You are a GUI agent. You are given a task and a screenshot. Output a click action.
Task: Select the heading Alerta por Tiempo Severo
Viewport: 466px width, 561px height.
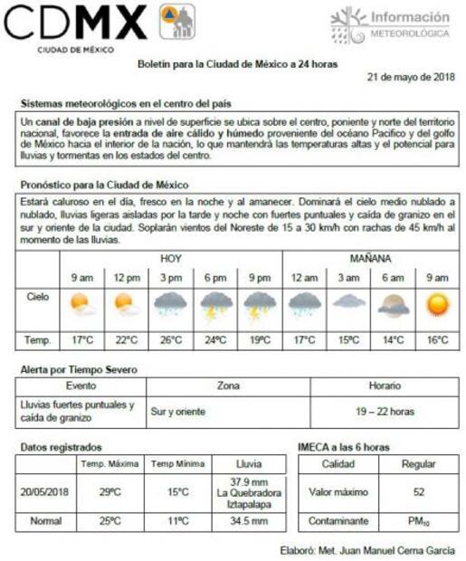point(79,370)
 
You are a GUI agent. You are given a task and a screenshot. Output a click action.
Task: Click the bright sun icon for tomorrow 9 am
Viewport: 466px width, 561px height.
point(437,304)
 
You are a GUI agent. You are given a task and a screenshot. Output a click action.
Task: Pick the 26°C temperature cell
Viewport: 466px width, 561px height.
point(171,340)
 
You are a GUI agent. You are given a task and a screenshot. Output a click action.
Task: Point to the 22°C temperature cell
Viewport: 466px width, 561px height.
point(126,340)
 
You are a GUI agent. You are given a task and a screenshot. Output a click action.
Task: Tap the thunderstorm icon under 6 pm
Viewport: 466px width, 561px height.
point(215,306)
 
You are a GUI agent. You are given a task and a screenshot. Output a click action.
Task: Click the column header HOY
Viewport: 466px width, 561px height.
point(171,259)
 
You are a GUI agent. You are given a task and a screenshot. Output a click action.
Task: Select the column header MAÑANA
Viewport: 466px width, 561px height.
point(370,259)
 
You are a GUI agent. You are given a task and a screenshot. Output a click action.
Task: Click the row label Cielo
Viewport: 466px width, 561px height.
point(38,296)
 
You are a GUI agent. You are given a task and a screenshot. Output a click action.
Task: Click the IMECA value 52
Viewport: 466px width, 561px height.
point(418,492)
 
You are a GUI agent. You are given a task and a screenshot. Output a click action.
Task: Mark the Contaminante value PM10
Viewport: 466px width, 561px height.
point(418,522)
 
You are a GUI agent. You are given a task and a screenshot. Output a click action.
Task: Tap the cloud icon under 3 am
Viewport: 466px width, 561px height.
point(348,303)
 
